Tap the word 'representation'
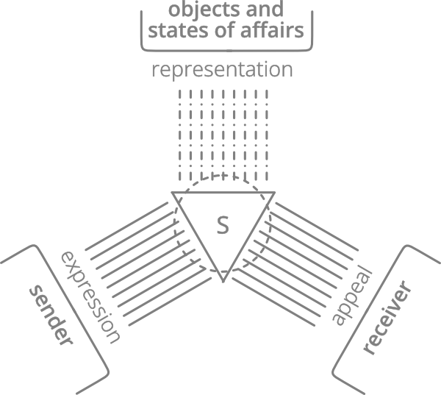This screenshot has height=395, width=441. (222, 71)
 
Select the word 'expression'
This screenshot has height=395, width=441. (89, 296)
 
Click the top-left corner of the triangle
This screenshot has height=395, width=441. (173, 193)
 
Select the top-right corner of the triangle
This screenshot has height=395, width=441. (274, 193)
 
